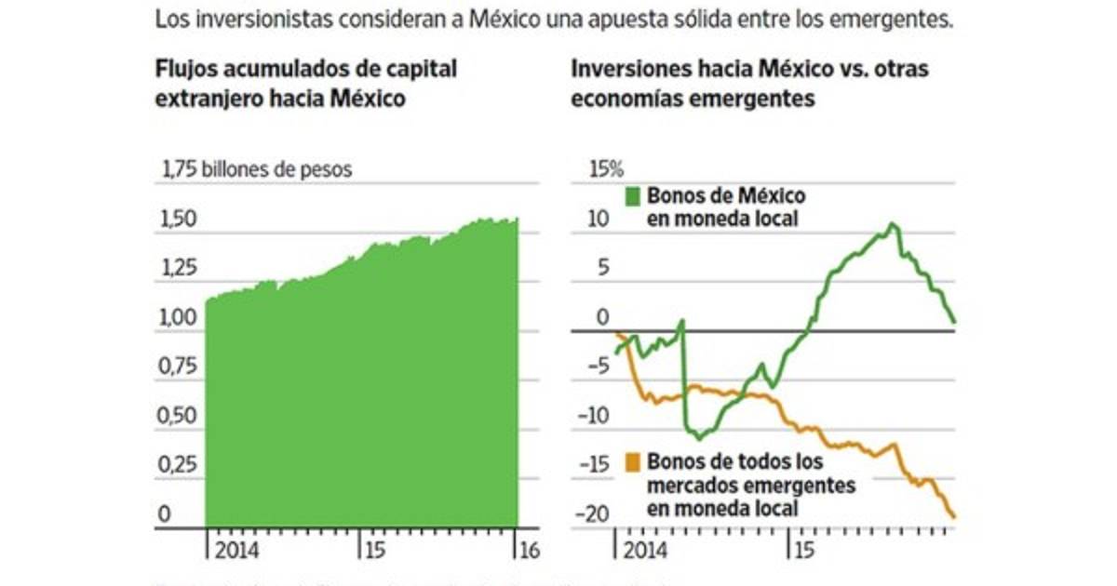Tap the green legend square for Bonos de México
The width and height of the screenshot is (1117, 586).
tap(634, 196)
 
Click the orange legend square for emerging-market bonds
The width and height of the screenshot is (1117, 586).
tap(634, 460)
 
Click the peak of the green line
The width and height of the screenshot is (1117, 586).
tap(893, 224)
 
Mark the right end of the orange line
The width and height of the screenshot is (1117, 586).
tap(955, 516)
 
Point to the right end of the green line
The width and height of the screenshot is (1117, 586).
tap(955, 322)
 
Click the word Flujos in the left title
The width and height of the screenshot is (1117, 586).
tap(184, 70)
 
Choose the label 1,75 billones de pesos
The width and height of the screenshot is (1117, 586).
tap(258, 170)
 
